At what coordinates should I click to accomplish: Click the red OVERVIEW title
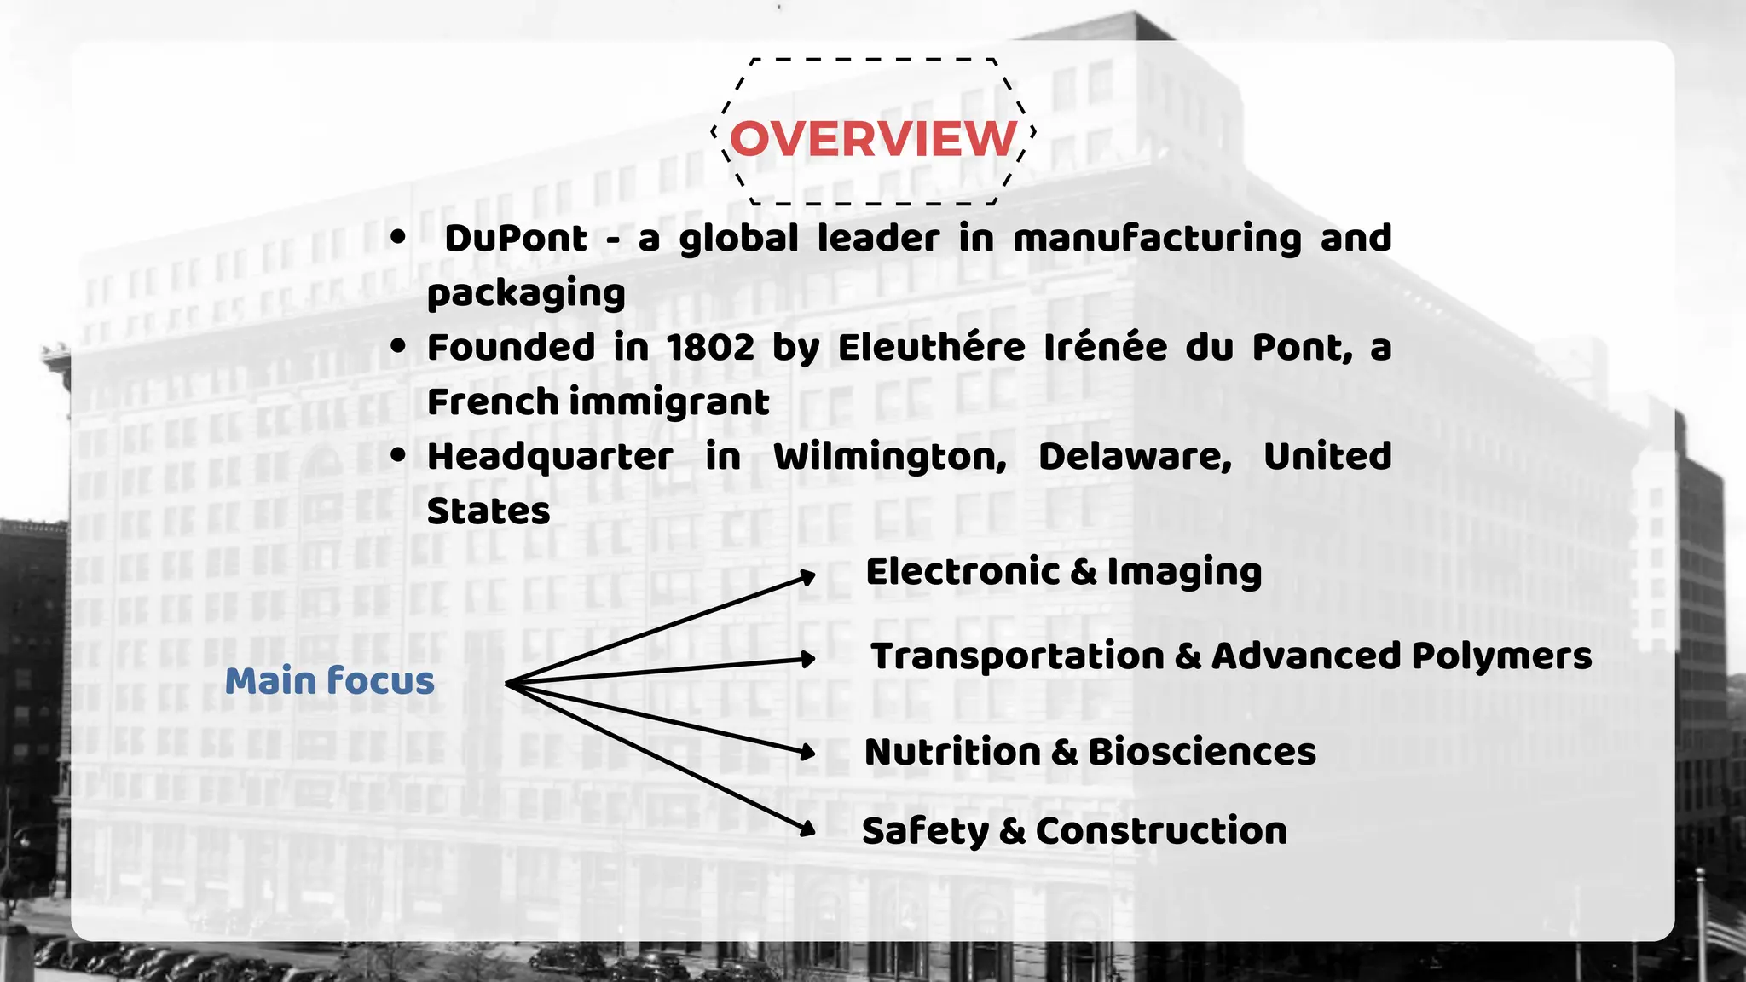[874, 138]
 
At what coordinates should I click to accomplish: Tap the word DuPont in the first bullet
[516, 239]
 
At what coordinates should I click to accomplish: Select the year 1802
[710, 348]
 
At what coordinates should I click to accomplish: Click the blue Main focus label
[330, 681]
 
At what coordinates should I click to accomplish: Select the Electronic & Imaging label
[1063, 572]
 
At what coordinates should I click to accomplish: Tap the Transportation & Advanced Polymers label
[1231, 656]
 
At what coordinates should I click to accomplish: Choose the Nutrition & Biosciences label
[1090, 752]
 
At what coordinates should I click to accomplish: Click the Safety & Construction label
[1074, 831]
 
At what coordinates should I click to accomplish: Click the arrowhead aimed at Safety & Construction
[807, 828]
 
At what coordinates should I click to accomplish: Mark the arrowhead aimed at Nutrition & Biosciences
[807, 752]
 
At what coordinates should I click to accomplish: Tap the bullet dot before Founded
[397, 346]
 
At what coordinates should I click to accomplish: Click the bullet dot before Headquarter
[397, 455]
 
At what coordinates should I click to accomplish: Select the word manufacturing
[1157, 239]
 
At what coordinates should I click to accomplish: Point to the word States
[489, 511]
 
